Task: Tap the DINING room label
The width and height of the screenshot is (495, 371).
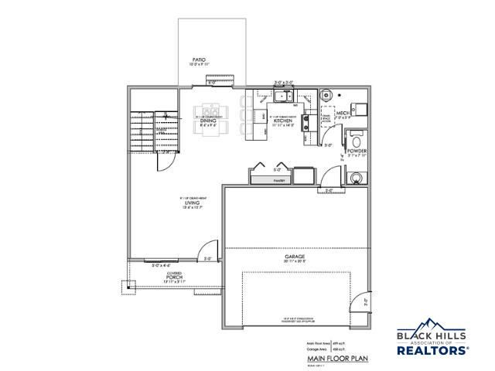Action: (x=208, y=121)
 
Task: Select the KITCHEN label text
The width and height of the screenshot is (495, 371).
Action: (x=283, y=121)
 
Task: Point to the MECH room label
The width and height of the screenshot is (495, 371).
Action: (x=360, y=112)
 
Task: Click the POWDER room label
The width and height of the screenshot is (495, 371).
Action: (x=357, y=151)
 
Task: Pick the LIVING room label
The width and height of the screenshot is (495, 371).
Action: (x=182, y=203)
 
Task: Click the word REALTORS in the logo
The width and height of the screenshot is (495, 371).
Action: (x=432, y=349)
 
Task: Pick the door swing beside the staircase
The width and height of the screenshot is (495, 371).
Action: (x=163, y=160)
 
